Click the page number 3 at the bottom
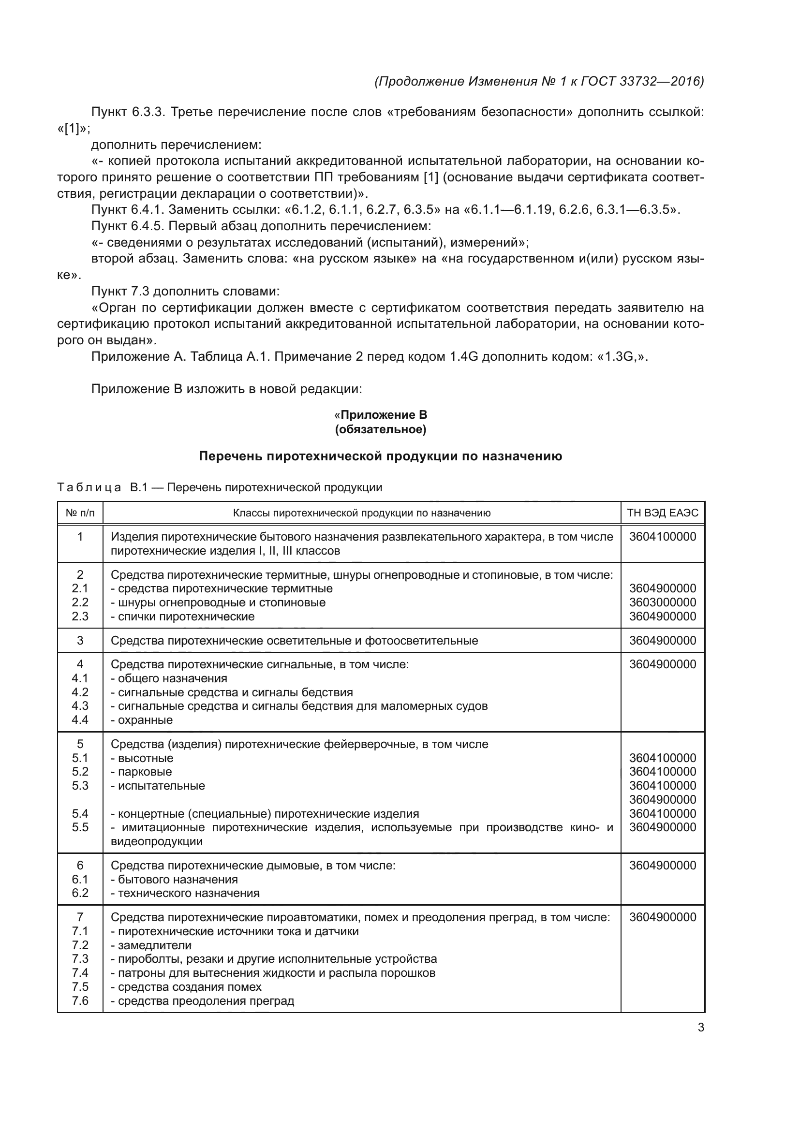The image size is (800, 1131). tap(700, 1028)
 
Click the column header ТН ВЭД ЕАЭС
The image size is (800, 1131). tap(663, 514)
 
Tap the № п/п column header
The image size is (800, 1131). tap(80, 514)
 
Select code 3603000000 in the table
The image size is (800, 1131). tap(663, 602)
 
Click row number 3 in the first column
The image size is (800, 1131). tap(80, 640)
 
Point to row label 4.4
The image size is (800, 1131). tap(80, 720)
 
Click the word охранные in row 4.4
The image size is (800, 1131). tap(145, 720)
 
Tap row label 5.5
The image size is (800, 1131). tap(80, 827)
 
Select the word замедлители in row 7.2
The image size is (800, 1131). tap(155, 945)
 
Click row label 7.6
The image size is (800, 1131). tap(80, 1000)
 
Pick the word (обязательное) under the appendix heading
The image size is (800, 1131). tap(380, 429)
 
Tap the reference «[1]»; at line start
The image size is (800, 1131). tap(74, 129)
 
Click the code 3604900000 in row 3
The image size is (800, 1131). tap(663, 640)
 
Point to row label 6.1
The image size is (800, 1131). tap(80, 879)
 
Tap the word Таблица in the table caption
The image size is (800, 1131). tap(89, 488)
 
